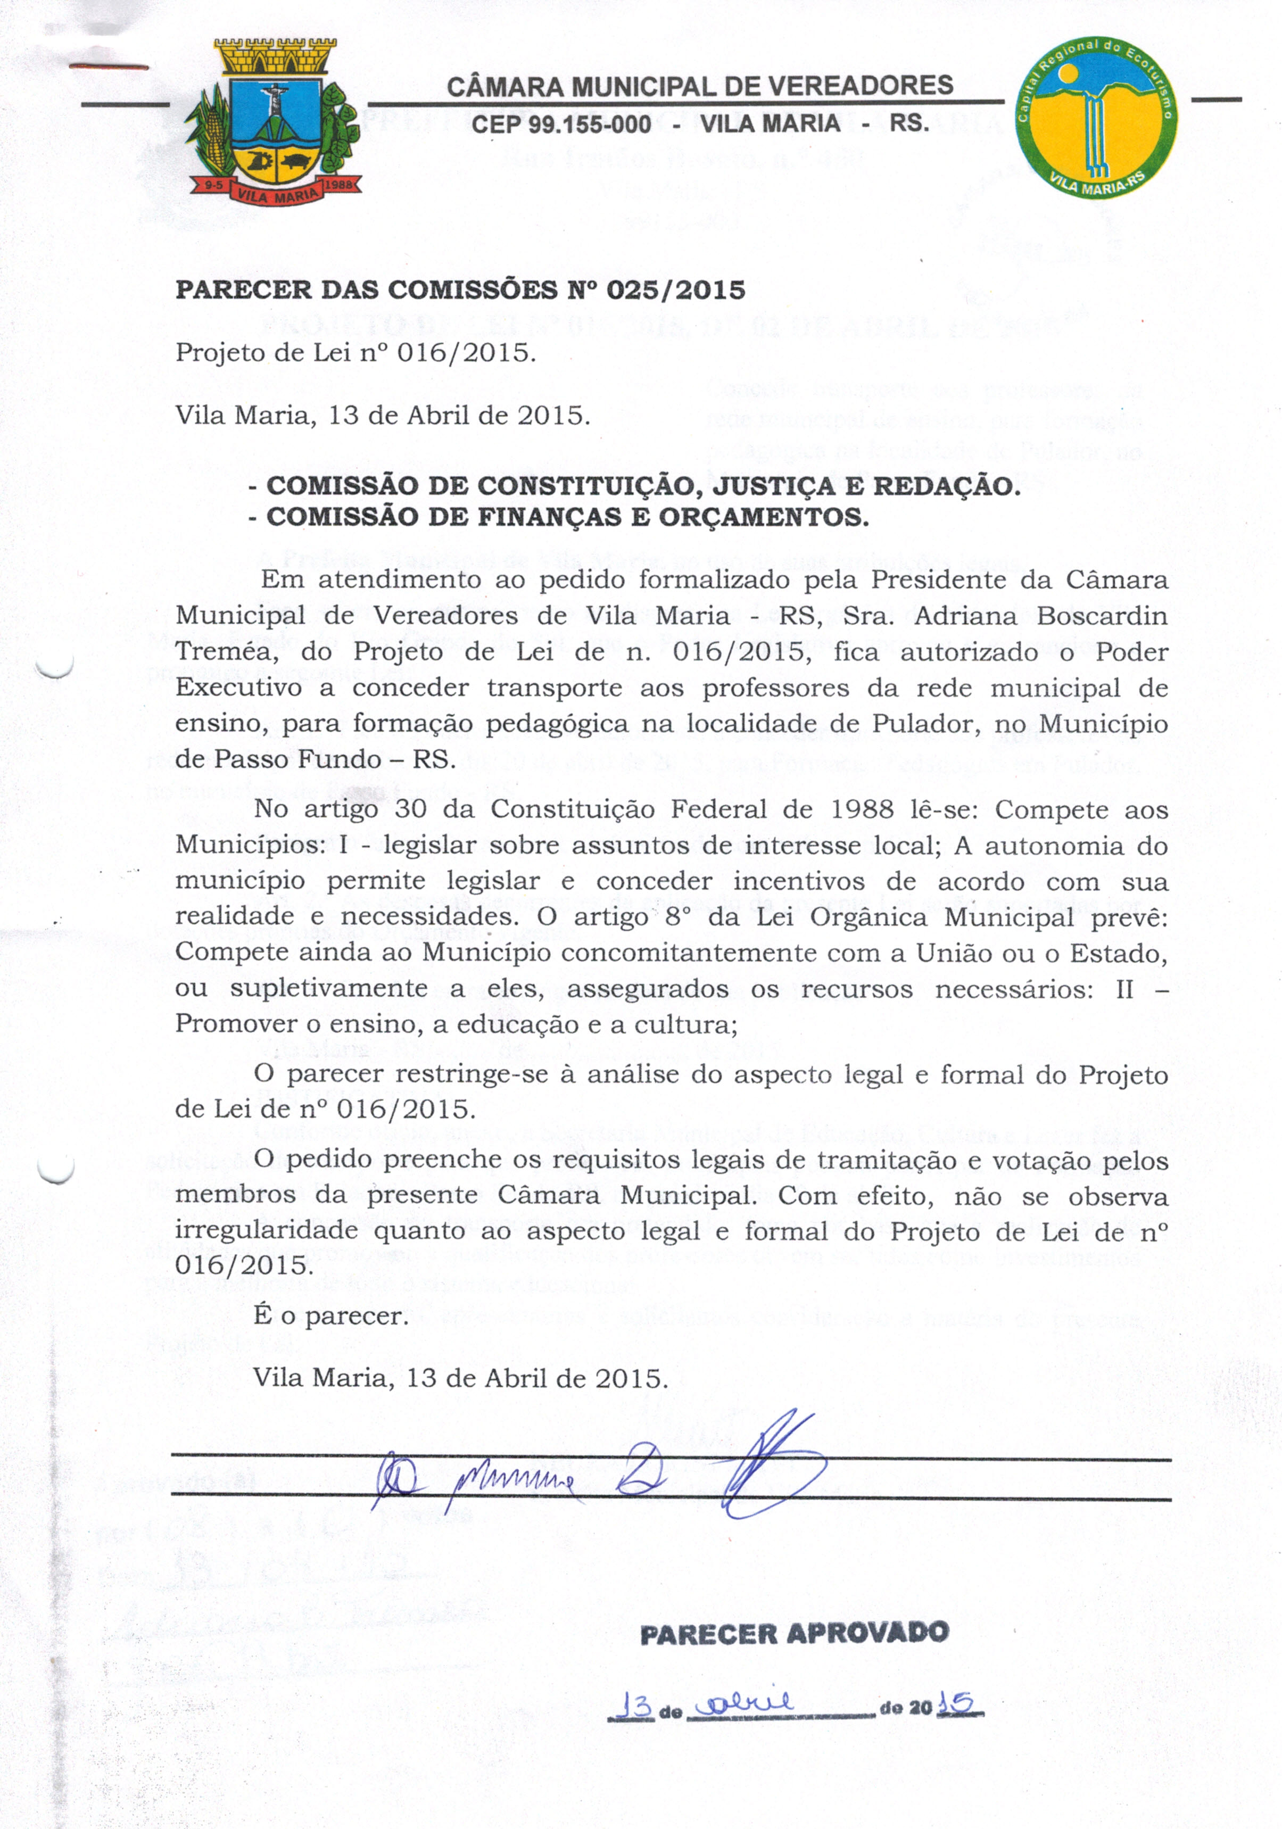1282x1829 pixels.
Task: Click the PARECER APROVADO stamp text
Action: (795, 1634)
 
